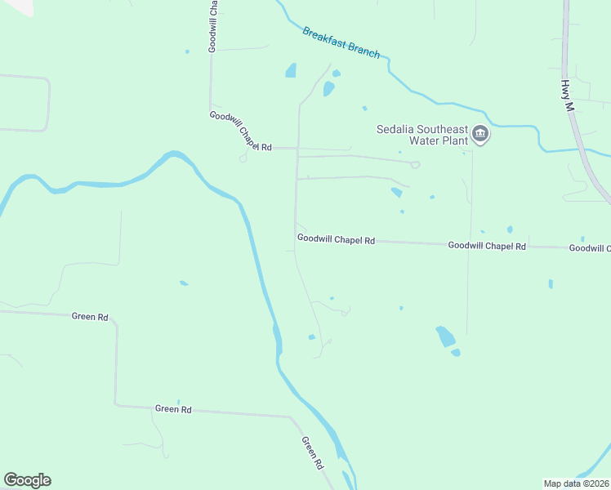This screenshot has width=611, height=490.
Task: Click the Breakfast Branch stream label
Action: (x=341, y=42)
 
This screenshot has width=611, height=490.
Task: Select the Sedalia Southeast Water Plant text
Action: (x=421, y=134)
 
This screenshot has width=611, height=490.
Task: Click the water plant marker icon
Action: (x=480, y=135)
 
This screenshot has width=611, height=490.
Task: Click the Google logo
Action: (x=27, y=480)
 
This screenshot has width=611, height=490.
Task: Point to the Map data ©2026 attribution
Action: (x=576, y=483)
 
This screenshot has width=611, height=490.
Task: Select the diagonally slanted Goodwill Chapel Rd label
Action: (x=239, y=131)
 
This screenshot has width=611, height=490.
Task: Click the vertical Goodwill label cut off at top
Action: (x=212, y=27)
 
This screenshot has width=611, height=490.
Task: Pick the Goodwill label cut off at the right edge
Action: (x=589, y=247)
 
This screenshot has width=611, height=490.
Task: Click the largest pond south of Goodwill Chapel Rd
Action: (x=445, y=336)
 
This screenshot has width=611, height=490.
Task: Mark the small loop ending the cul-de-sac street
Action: (x=415, y=165)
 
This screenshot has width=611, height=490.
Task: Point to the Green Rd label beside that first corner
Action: (x=90, y=316)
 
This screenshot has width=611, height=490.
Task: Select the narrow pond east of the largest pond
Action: (x=551, y=284)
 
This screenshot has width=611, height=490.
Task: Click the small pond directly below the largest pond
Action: (x=455, y=353)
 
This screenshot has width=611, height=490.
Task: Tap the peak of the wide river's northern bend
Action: (x=172, y=154)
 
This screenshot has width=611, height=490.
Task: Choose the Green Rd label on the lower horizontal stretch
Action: (x=173, y=408)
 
